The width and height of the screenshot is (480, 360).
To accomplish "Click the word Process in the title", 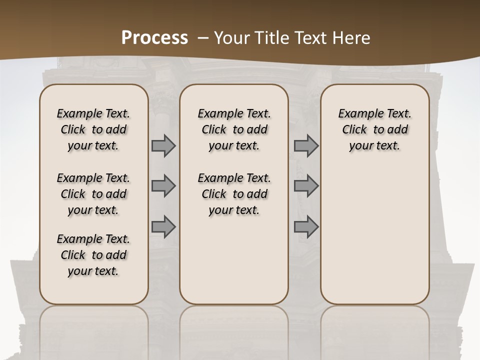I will click(x=154, y=38).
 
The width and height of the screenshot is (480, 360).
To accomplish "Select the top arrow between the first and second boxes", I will click(x=163, y=146).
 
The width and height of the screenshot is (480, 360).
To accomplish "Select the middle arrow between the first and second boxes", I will click(x=163, y=186).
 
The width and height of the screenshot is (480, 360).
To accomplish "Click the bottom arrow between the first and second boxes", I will click(x=163, y=227).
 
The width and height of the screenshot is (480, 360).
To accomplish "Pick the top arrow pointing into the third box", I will click(x=306, y=146).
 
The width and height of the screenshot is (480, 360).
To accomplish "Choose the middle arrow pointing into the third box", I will click(x=306, y=186).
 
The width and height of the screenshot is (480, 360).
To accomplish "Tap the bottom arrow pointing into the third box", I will click(x=306, y=227).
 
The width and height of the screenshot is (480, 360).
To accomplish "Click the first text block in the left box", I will click(x=93, y=129).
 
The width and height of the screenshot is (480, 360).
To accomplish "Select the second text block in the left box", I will click(x=93, y=194).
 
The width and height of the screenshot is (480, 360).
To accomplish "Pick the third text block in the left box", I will click(x=93, y=255).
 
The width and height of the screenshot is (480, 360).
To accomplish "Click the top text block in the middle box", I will click(x=234, y=129).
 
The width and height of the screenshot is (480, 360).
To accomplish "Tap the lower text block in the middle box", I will click(x=234, y=194).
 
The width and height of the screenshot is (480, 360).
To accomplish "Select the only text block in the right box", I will click(x=374, y=129).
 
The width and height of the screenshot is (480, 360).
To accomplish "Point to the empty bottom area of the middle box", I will click(x=234, y=265).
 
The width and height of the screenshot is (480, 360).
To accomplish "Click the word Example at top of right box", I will click(x=357, y=113).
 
